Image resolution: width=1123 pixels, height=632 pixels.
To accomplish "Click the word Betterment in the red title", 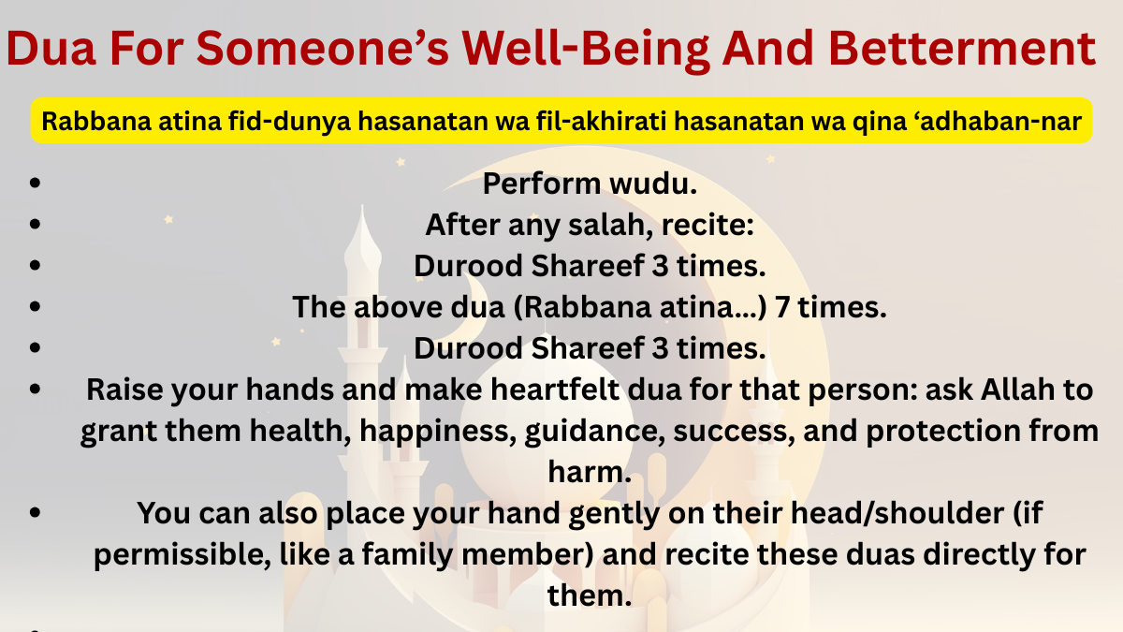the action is pyautogui.click(x=962, y=49).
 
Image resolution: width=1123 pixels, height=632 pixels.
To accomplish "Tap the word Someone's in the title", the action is pyautogui.click(x=322, y=49).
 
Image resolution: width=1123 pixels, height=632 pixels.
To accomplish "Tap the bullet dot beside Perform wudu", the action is pyautogui.click(x=35, y=183).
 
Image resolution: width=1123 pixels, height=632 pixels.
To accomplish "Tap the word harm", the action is pyautogui.click(x=589, y=473).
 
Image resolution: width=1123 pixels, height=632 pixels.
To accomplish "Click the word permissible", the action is pyautogui.click(x=182, y=555).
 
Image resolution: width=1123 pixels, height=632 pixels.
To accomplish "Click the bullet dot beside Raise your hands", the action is pyautogui.click(x=35, y=389).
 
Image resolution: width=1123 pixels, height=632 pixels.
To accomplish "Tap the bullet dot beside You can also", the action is pyautogui.click(x=35, y=513).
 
